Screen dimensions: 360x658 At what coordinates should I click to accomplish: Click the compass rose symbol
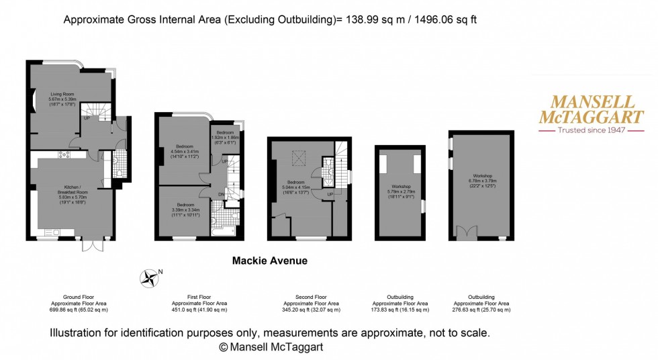coord(150,276)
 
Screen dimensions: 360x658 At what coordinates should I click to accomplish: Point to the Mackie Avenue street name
coord(269,260)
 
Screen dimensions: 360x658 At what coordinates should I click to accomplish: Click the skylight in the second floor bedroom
coord(297,158)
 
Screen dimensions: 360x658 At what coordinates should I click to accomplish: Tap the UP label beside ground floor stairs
coord(87,119)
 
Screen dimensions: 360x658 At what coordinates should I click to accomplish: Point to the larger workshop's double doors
coord(465,232)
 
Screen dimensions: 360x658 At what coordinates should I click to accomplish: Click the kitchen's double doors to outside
coord(91,243)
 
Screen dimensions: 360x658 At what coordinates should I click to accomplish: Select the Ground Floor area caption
coord(79,304)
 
